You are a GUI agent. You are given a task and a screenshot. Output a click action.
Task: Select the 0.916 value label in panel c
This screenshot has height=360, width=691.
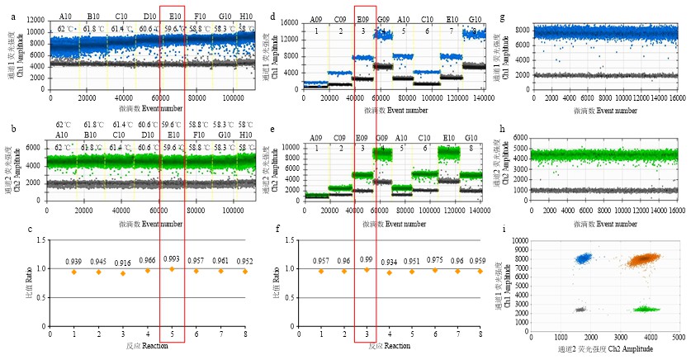[x=122, y=263]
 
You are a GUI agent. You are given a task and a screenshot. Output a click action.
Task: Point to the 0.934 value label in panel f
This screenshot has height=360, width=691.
[x=388, y=263]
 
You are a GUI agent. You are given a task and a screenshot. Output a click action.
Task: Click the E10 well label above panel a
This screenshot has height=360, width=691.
[x=174, y=15]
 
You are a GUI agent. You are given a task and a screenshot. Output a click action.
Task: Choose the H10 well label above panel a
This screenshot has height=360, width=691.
[x=246, y=15]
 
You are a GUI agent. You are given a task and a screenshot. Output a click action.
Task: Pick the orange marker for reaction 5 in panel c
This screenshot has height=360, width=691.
[x=172, y=269]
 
